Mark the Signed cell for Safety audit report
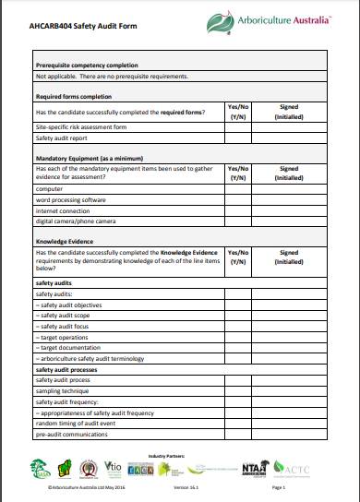[288, 137]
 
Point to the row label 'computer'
[51, 187]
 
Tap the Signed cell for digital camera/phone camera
[288, 221]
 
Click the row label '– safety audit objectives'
[68, 304]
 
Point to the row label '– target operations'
[63, 337]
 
